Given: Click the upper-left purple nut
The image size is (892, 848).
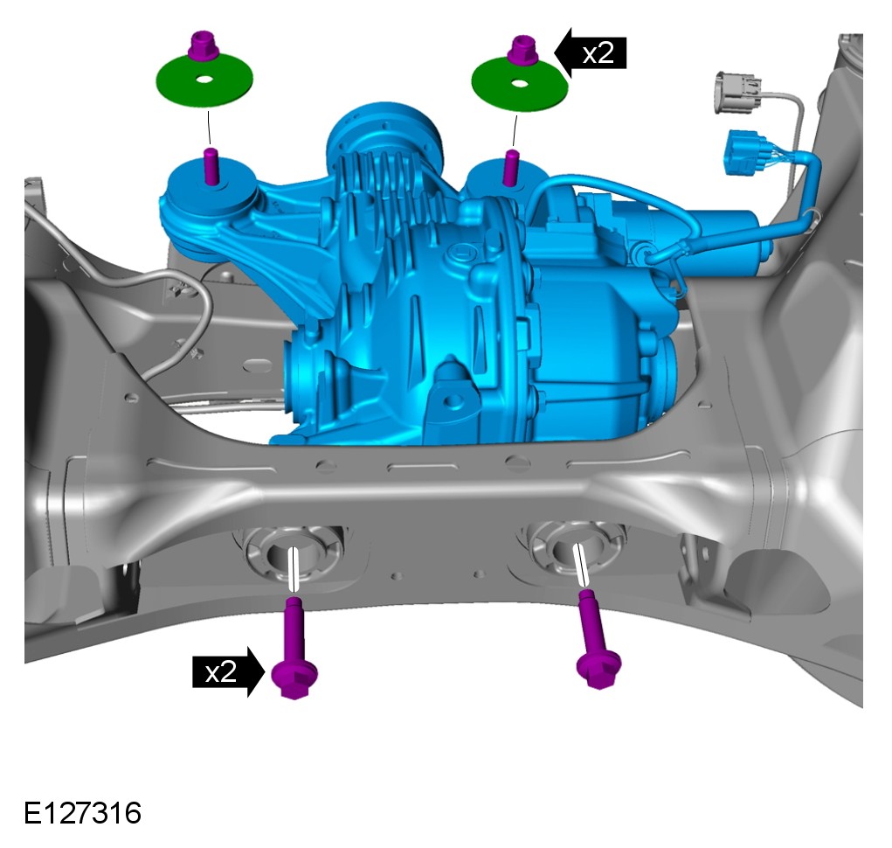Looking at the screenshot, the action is click(x=204, y=45).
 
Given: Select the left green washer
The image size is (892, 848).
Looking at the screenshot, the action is click(x=204, y=80).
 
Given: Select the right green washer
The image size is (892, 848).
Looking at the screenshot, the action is click(x=519, y=84).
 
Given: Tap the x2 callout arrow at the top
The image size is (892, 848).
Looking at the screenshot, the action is click(x=591, y=53).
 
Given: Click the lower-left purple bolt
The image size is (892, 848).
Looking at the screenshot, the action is click(x=294, y=649).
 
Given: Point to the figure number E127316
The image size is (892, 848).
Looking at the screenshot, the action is click(x=82, y=813).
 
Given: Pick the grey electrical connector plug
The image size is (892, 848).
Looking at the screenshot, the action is click(x=738, y=93).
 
